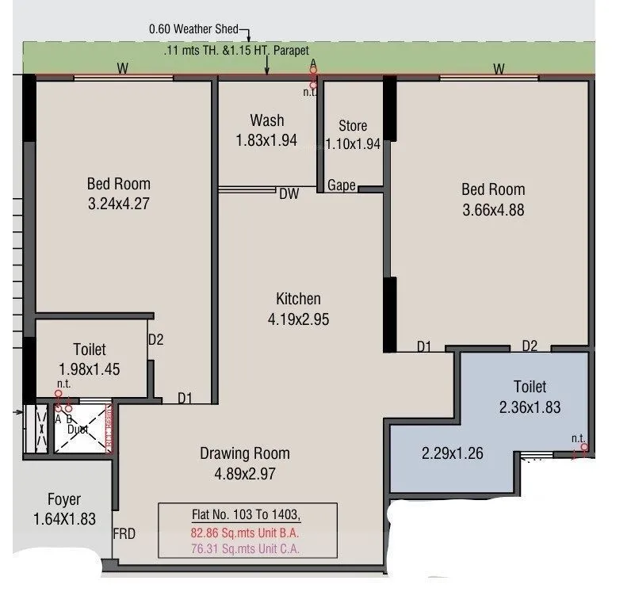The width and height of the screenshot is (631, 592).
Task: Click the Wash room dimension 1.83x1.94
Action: tap(266, 140)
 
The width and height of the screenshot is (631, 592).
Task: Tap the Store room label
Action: tap(353, 126)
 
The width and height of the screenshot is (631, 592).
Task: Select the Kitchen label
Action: tap(298, 299)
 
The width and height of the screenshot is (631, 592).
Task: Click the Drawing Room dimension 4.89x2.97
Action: tap(244, 475)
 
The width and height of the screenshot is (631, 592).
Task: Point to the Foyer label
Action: tap(64, 500)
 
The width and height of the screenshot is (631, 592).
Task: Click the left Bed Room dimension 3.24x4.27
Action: tap(118, 203)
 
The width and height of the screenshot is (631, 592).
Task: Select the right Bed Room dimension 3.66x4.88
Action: tap(493, 210)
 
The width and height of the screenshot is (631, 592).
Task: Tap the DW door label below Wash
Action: tap(289, 193)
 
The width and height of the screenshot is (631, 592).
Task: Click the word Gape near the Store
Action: tap(342, 185)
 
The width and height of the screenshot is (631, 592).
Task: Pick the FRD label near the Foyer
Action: tap(124, 533)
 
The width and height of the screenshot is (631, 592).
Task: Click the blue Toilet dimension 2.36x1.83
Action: tap(530, 407)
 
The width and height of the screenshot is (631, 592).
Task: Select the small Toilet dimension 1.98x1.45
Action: tap(89, 369)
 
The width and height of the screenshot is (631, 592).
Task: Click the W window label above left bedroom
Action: tap(123, 69)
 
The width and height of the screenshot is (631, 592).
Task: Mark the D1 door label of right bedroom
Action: tap(424, 346)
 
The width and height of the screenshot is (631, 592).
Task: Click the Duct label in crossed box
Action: tap(77, 429)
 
